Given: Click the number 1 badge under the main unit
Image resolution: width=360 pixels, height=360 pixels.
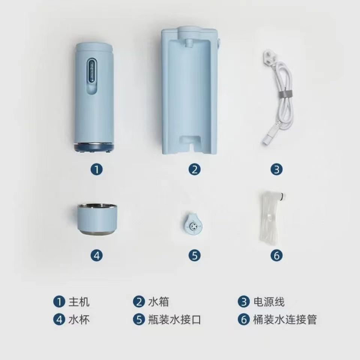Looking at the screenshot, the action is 96,169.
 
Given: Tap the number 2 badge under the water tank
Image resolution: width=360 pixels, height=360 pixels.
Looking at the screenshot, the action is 195,169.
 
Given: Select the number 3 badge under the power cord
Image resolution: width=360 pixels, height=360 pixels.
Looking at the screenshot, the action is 276,169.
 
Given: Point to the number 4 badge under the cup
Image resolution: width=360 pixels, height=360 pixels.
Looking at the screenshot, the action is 96,255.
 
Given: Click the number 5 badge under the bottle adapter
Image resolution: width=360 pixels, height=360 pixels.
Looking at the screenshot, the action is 195,255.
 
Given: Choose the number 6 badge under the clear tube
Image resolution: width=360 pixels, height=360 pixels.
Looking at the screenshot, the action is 276,255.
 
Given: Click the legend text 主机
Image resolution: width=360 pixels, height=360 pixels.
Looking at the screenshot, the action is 79,301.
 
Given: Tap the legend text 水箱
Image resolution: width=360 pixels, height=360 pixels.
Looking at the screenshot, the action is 158,301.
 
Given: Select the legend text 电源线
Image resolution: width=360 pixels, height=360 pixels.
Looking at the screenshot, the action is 269,301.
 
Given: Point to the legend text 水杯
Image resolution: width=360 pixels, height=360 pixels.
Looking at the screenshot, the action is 79,319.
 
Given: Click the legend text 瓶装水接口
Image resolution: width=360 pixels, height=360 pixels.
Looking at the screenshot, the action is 174,319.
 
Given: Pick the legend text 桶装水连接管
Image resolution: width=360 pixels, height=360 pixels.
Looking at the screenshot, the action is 285,319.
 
